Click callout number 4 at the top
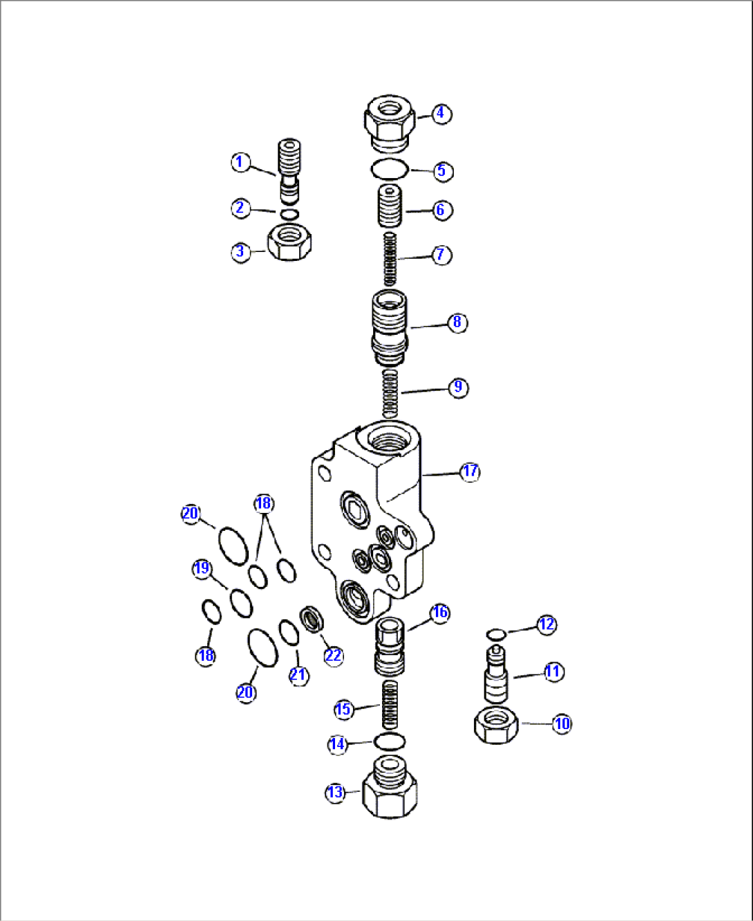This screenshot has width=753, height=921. click(x=441, y=113)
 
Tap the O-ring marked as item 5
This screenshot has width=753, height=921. click(x=390, y=170)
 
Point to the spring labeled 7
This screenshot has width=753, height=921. click(x=390, y=259)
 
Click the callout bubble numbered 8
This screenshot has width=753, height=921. click(x=457, y=322)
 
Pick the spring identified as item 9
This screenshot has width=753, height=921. click(x=390, y=394)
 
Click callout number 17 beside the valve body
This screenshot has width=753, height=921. click(x=470, y=472)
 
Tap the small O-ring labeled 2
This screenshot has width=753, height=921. click(x=289, y=215)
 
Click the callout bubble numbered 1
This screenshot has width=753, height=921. click(x=240, y=162)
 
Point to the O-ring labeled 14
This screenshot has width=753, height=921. click(x=390, y=741)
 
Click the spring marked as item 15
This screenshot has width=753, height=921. click(x=390, y=704)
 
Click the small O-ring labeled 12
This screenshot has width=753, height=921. click(x=496, y=633)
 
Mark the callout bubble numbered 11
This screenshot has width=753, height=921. click(x=554, y=672)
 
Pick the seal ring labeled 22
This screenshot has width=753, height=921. click(x=312, y=619)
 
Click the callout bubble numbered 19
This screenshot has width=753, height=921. click(x=202, y=569)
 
